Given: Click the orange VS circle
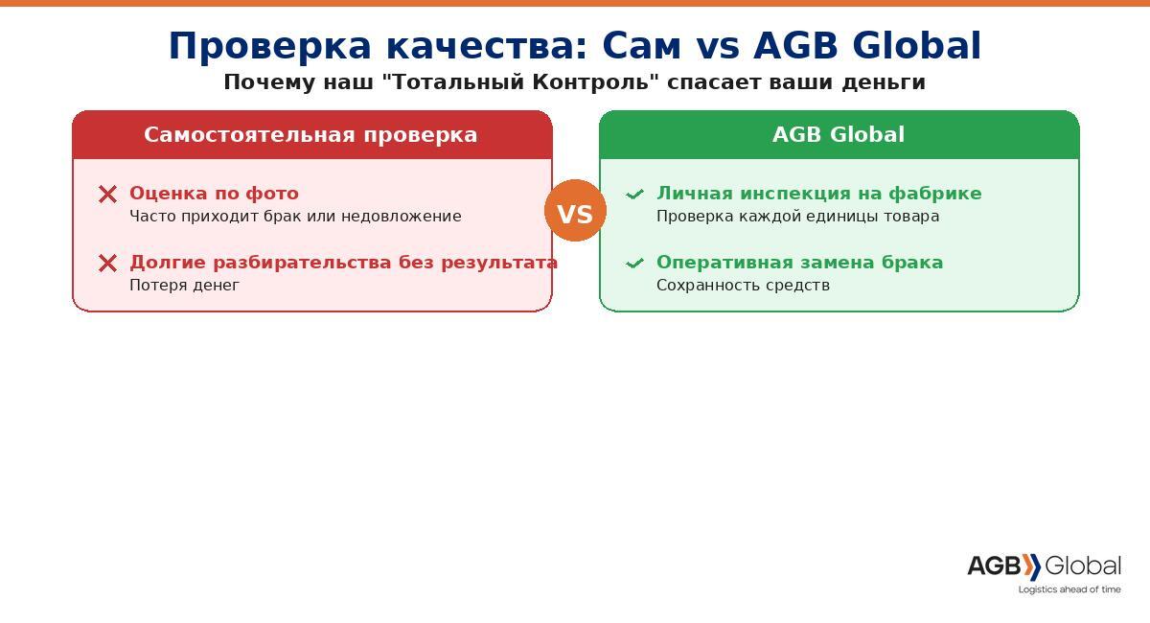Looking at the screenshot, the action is point(575,211).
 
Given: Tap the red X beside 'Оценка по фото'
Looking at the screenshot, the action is point(107,195).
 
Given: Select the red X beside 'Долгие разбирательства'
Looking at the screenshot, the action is point(107,264).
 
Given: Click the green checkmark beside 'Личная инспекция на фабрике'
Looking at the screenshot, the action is point(634,195).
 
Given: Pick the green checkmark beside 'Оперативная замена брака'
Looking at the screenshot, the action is point(634,264).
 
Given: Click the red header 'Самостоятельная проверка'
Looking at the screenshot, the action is point(310,134).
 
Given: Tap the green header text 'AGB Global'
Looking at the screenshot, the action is point(839,134).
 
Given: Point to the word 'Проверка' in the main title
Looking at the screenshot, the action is point(270,46).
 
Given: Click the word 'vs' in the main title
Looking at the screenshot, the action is point(718,47).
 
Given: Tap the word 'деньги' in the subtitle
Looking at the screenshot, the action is point(883,83).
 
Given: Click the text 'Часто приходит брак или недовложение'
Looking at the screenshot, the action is point(295,217).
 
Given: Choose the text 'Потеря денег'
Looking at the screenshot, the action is point(184,285).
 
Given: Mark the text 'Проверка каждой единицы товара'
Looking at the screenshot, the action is point(797,217).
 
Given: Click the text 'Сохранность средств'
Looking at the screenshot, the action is point(743,285).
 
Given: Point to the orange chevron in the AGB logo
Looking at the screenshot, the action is point(1031,567).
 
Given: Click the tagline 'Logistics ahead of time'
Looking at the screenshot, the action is point(1069,589).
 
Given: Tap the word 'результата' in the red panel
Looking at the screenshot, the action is point(499,263).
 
